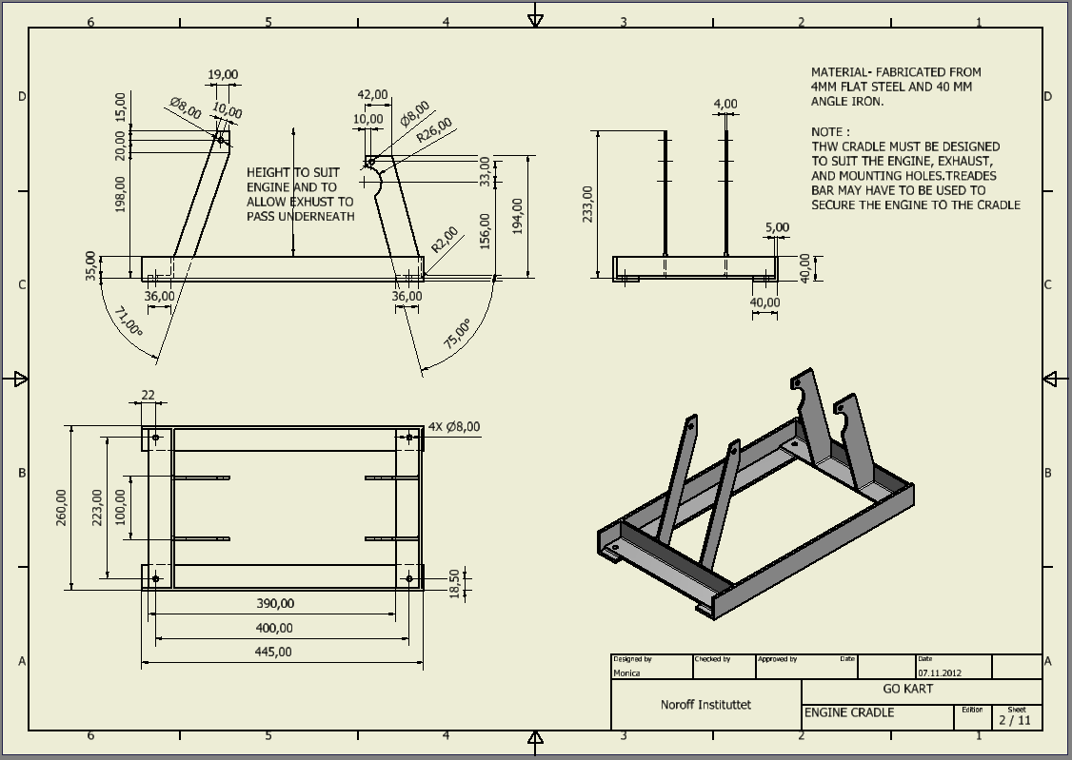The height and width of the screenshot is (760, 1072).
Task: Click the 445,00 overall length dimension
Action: click(x=273, y=652)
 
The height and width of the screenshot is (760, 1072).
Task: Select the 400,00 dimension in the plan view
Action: click(x=273, y=628)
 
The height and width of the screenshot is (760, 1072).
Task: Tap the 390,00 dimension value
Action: click(x=275, y=603)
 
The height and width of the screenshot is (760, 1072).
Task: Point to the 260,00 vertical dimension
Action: click(x=62, y=508)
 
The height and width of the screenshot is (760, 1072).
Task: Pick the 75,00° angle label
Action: click(x=458, y=334)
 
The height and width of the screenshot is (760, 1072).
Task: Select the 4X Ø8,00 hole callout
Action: click(x=454, y=428)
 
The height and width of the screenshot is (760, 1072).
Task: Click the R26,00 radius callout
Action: click(x=433, y=129)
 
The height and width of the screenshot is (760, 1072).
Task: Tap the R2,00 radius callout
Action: click(x=444, y=239)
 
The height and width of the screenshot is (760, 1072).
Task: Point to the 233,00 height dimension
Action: click(x=586, y=204)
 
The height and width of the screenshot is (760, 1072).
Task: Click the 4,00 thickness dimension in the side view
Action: click(x=725, y=104)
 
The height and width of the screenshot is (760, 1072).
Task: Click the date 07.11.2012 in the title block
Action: click(x=940, y=672)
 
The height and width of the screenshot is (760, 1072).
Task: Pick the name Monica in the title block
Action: click(x=627, y=672)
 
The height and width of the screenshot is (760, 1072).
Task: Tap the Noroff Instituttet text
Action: click(x=705, y=705)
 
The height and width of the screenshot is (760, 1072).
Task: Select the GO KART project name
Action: click(x=908, y=689)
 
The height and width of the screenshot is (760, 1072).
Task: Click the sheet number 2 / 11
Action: click(x=1015, y=720)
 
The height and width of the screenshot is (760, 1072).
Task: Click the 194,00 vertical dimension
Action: click(x=517, y=217)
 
